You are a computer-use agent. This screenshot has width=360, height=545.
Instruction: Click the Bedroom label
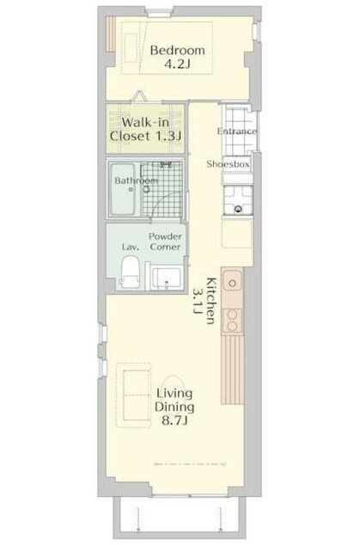(x=177, y=51)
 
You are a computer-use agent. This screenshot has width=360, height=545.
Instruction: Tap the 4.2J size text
(x=177, y=64)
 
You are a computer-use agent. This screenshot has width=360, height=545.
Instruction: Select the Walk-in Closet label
(x=146, y=129)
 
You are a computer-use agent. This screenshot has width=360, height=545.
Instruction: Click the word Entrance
(x=237, y=132)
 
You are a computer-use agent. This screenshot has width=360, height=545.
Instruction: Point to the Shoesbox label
(x=229, y=164)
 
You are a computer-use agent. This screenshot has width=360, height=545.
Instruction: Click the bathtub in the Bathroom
(x=123, y=189)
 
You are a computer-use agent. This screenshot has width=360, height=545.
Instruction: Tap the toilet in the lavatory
(x=131, y=272)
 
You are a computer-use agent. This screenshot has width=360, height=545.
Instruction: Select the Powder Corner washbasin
(x=166, y=278)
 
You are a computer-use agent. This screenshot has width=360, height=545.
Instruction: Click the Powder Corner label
(x=166, y=242)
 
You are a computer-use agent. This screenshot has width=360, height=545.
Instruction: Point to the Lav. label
(x=131, y=247)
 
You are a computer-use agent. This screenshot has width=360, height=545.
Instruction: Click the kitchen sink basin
(x=233, y=283)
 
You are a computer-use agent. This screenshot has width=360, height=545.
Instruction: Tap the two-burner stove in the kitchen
(x=232, y=321)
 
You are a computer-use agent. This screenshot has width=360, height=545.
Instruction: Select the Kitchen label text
(x=211, y=301)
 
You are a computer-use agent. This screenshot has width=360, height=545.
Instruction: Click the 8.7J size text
(x=174, y=421)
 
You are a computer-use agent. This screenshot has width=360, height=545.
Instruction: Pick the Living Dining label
(x=174, y=400)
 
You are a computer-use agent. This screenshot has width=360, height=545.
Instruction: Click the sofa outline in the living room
(x=133, y=395)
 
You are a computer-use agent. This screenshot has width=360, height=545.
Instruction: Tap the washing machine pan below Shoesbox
(x=238, y=199)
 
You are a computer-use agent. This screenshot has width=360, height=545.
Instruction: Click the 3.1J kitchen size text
(x=198, y=301)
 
